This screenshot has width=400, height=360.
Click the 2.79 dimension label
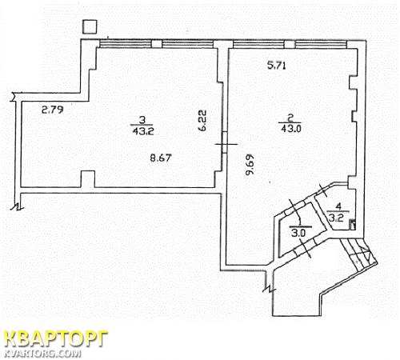[53, 110]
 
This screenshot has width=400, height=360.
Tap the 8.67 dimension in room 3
[160, 158]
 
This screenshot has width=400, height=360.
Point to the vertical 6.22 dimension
[202, 120]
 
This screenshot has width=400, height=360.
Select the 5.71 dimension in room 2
[277, 66]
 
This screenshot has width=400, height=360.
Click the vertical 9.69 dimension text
[250, 165]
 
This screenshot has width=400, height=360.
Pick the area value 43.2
[143, 131]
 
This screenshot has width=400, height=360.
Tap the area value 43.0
[291, 129]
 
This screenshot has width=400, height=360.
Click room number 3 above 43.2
[142, 120]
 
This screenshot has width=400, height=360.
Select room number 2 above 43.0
[290, 118]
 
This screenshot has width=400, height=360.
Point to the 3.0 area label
[298, 234]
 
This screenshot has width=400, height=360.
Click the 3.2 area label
[335, 218]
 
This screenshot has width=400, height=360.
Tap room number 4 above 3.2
[338, 206]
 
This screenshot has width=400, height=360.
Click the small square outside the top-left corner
[90, 26]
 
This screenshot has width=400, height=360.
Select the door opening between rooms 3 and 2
[225, 142]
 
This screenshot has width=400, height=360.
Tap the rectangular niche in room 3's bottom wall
[88, 179]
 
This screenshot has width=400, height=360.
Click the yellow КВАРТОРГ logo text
[56, 339]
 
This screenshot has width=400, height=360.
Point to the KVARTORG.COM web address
[42, 353]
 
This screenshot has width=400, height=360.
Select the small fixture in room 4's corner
[353, 225]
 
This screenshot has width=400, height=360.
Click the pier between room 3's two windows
[157, 44]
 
